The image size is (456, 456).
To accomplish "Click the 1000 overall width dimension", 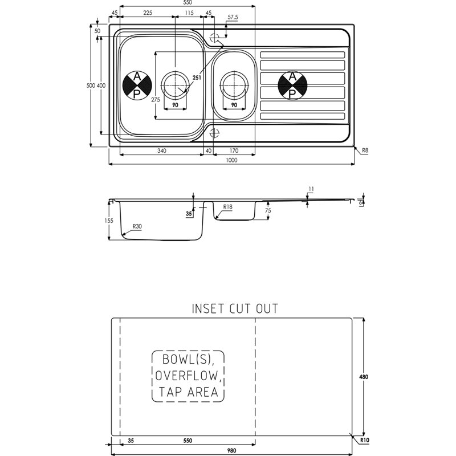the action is tap(231, 160).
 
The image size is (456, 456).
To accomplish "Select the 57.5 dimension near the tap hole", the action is tap(233, 17).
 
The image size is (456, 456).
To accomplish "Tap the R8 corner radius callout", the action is tap(365, 150).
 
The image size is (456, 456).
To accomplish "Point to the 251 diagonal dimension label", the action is tap(197, 78).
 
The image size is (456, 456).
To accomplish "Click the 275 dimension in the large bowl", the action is tap(156, 100).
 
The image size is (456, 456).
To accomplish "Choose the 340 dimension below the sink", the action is tap(162, 150).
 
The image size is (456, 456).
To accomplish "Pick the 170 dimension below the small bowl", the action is tap(234, 150).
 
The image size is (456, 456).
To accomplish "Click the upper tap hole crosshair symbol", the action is tap(215, 38).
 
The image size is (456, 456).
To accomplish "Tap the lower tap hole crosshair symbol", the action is tap(215, 133).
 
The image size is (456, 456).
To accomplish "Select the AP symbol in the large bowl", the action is tap(137, 85).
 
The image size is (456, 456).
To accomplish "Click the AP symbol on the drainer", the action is tap(292, 85).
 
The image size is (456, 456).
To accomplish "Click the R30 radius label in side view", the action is tap(137, 226).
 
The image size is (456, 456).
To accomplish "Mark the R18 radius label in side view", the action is tap(227, 207).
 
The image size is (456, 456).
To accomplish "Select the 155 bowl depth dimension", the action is tap(109, 221).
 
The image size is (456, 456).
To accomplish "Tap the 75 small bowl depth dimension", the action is tap(268, 210).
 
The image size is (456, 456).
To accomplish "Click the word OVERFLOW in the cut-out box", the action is tap(188, 376).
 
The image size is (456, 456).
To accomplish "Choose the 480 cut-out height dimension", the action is tap(364, 377).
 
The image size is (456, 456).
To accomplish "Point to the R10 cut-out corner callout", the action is tap(365, 440).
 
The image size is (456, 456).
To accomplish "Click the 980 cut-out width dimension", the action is tap(231, 451).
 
